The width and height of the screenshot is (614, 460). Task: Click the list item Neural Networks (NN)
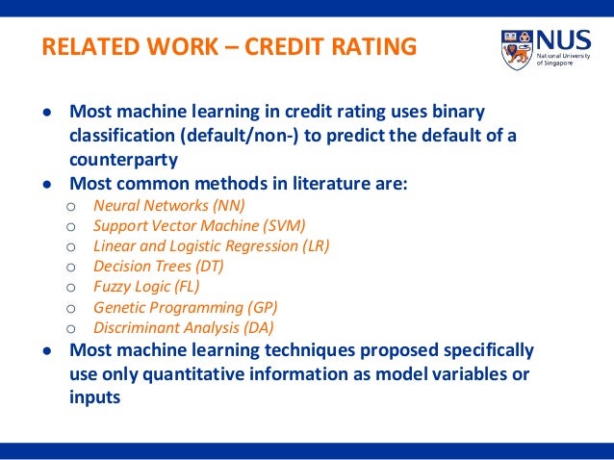point(168,204)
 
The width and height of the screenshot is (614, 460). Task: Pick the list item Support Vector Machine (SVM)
point(199,225)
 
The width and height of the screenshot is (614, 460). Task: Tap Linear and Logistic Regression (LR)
point(211,245)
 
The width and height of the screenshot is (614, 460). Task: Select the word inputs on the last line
point(95,395)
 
